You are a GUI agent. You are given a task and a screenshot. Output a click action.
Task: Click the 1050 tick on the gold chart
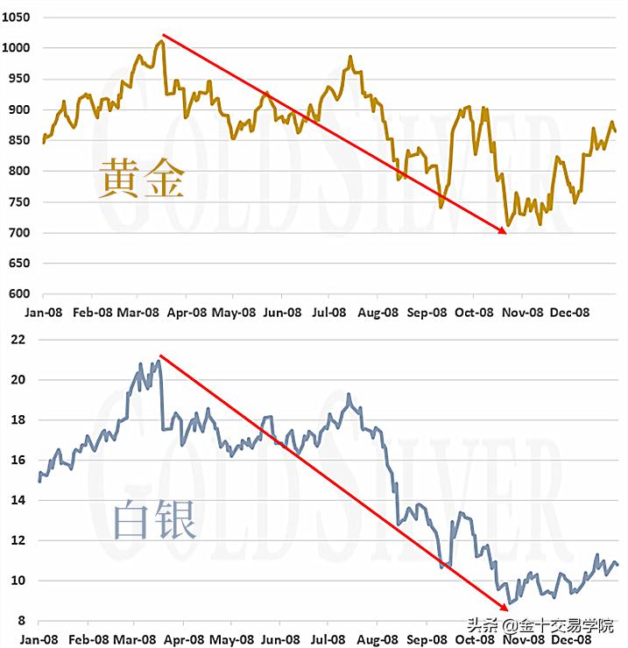pyautogui.click(x=18, y=18)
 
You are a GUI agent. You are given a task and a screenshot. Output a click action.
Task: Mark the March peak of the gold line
pyautogui.click(x=161, y=40)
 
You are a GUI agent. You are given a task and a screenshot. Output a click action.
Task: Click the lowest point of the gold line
pyautogui.click(x=507, y=226)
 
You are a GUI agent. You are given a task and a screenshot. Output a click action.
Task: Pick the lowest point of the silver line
pyautogui.click(x=511, y=603)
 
